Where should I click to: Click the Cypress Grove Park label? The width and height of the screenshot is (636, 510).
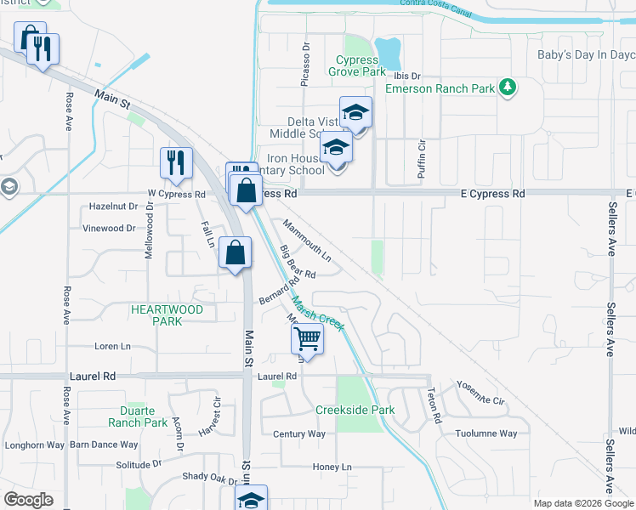(x=357, y=65)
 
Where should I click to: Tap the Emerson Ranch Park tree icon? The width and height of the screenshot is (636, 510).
(x=508, y=87)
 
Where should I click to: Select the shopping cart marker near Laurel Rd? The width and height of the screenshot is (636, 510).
(x=306, y=339)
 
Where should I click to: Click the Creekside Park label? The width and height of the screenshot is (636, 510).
(x=355, y=410)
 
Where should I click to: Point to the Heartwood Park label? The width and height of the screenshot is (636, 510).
(x=167, y=315)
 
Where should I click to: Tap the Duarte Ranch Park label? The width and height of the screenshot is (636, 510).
(x=138, y=416)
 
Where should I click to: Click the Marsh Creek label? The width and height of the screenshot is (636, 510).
(x=318, y=314)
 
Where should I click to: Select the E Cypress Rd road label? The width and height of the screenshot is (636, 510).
(x=492, y=194)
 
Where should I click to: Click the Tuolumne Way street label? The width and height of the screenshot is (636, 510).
(x=486, y=433)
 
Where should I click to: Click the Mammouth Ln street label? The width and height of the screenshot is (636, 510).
(x=306, y=240)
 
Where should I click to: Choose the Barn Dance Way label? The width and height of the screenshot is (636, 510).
(x=104, y=445)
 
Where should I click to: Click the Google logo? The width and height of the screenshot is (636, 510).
(x=28, y=499)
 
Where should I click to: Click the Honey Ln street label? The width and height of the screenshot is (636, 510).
(x=332, y=467)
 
